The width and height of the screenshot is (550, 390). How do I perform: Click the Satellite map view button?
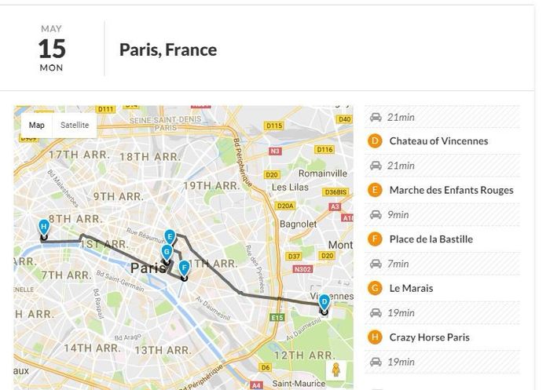75,125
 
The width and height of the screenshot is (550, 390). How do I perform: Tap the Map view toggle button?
37,125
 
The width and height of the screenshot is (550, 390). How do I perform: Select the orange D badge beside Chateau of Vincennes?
375,141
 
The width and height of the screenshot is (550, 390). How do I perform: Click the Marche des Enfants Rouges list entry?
451,190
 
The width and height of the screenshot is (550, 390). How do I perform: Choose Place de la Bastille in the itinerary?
431,239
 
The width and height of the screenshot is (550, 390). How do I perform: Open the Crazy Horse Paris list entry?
429,337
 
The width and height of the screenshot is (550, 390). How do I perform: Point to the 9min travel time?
398,214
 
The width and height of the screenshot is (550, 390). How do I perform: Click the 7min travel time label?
398,264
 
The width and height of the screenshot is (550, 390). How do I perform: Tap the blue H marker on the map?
44,227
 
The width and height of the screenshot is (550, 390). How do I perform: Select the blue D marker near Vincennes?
324,301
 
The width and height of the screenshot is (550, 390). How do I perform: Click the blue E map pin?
170,236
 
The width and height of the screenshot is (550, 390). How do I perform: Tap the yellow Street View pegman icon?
335,370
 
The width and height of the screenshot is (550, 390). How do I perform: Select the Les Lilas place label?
290,188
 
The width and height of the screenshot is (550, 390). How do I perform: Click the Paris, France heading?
168,49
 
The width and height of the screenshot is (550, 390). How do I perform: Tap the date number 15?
52,49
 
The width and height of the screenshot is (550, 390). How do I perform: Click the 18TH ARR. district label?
149,156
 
